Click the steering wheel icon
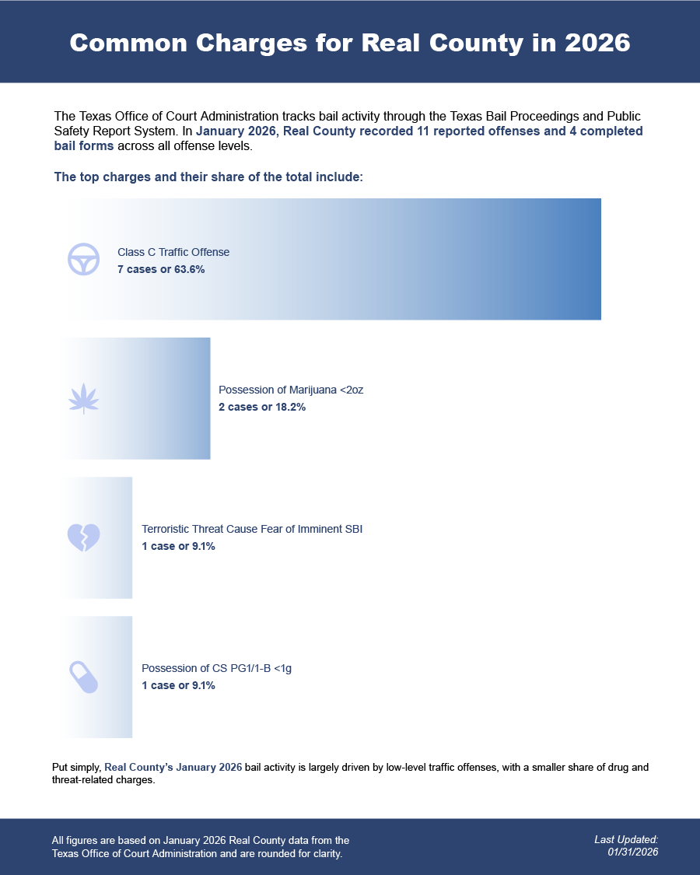click(x=83, y=259)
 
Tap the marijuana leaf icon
click(x=83, y=398)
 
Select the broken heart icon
click(x=83, y=537)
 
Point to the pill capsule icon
click(x=83, y=677)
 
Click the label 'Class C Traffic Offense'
click(x=173, y=252)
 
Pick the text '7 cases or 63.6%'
click(x=161, y=269)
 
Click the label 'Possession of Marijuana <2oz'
click(x=291, y=390)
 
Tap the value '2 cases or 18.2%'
click(x=262, y=407)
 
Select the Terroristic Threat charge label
click(x=252, y=529)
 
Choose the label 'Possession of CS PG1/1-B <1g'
click(x=216, y=668)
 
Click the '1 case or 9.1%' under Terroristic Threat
click(x=178, y=546)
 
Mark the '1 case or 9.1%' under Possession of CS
click(x=178, y=685)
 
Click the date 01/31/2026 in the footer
click(x=633, y=852)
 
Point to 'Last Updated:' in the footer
click(x=626, y=839)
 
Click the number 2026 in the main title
click(x=597, y=43)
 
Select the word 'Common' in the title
click(x=128, y=43)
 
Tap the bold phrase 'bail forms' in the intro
click(x=84, y=145)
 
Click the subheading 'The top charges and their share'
click(x=208, y=177)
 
